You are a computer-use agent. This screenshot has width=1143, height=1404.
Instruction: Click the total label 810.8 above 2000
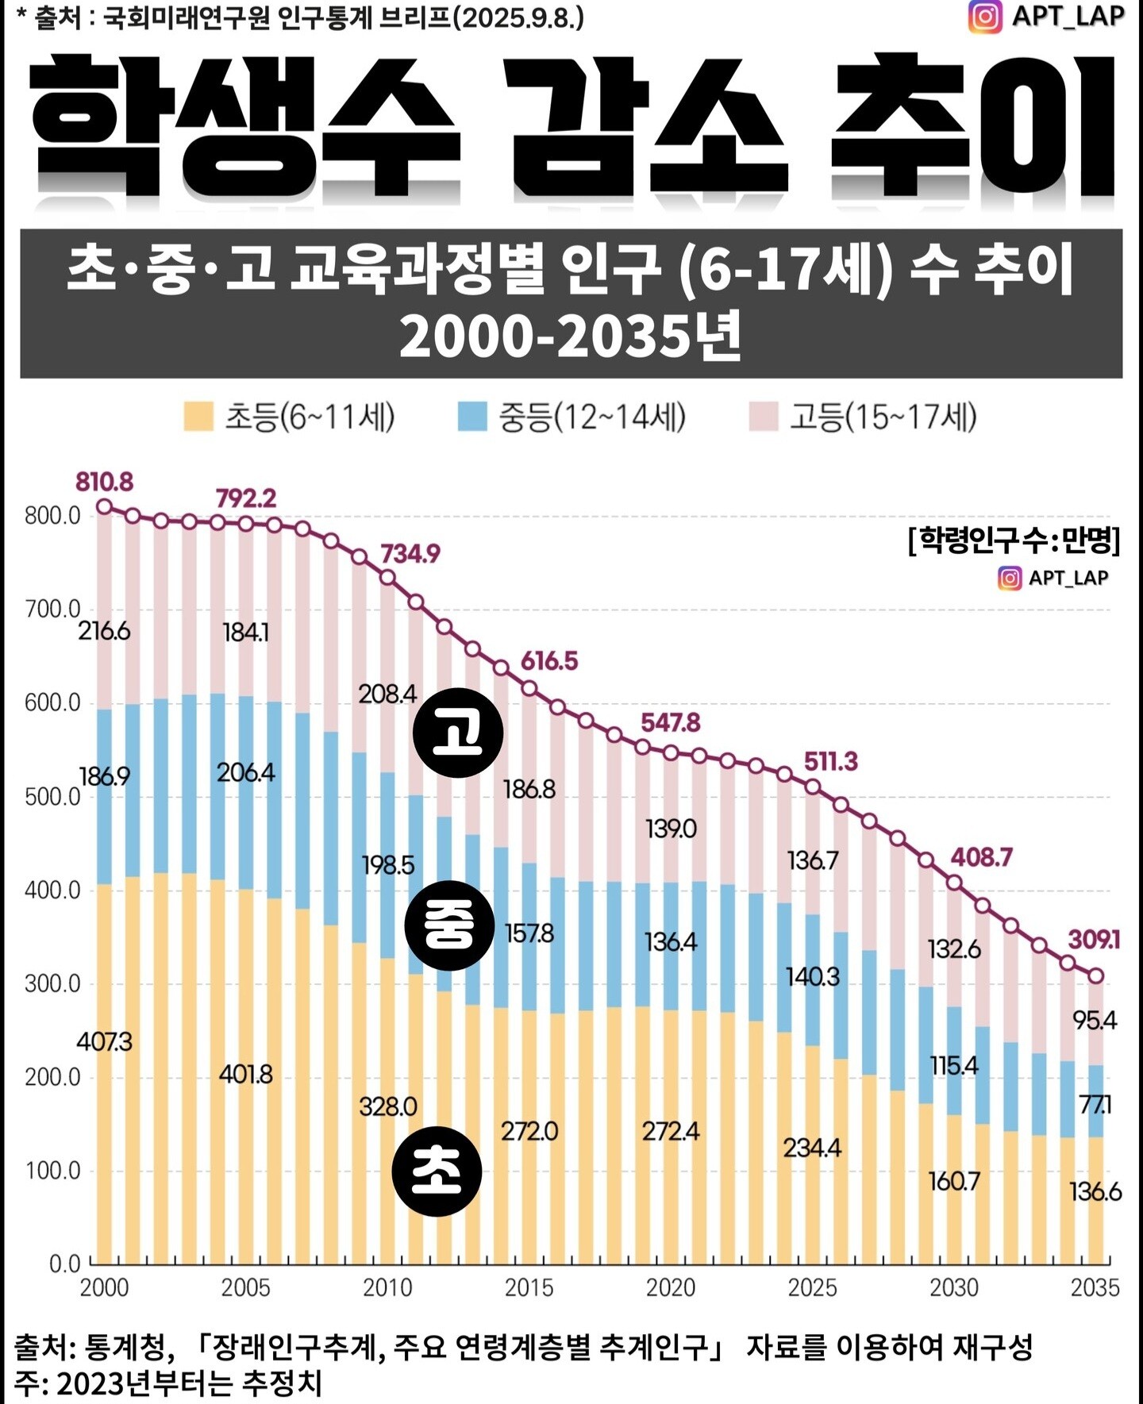click(x=104, y=482)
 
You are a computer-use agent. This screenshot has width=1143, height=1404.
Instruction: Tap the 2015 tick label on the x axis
click(x=529, y=1287)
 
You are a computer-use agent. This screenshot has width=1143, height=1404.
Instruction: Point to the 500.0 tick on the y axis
click(x=52, y=797)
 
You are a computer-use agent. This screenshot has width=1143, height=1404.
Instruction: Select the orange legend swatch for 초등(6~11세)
click(x=198, y=417)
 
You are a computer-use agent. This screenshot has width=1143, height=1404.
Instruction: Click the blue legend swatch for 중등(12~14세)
click(x=472, y=417)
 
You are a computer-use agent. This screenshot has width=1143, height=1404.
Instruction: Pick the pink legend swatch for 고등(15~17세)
click(x=763, y=417)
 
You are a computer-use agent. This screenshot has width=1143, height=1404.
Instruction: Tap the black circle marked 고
click(x=458, y=733)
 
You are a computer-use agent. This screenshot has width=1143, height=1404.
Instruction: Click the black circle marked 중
click(x=449, y=925)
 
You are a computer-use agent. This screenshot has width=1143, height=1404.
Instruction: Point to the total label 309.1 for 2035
click(x=1093, y=940)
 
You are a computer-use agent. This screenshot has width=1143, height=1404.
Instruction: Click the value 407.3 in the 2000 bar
click(x=104, y=1041)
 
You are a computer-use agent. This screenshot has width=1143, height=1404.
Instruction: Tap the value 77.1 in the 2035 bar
click(x=1095, y=1104)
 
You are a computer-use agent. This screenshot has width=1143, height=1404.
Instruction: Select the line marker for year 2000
click(x=104, y=507)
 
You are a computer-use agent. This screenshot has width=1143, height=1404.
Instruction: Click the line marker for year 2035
click(x=1095, y=975)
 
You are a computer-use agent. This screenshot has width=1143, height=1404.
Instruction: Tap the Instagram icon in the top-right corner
click(x=985, y=17)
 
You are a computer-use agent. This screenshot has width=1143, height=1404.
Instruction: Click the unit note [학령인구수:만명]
click(x=1014, y=540)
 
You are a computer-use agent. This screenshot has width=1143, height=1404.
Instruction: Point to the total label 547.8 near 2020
click(x=671, y=722)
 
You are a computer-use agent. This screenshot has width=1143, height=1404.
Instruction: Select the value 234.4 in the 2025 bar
click(x=812, y=1148)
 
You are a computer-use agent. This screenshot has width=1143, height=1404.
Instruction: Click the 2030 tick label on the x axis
click(x=953, y=1287)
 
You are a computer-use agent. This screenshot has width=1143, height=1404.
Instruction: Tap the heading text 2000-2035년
click(x=570, y=336)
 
